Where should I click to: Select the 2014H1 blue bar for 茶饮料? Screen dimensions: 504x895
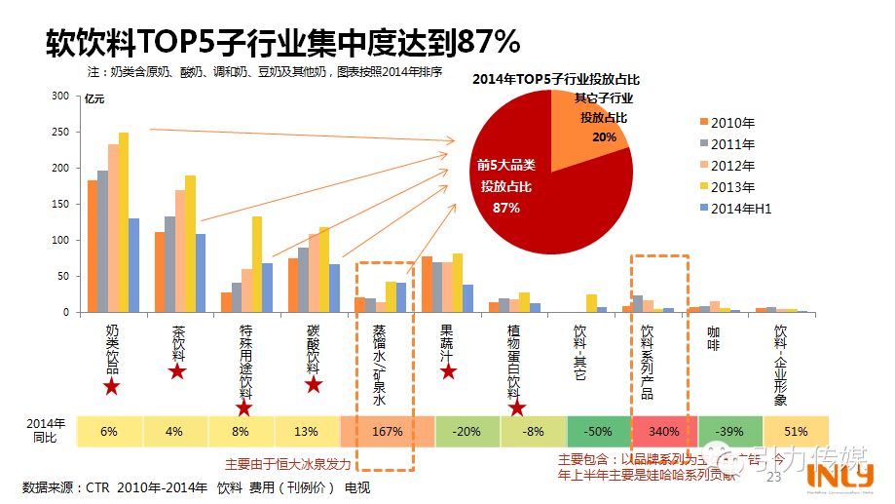[x=201, y=273]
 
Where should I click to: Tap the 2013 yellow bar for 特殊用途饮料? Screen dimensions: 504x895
[x=257, y=264]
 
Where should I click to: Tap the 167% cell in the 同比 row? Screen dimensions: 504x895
[x=374, y=431]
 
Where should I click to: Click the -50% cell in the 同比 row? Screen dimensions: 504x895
[x=597, y=431]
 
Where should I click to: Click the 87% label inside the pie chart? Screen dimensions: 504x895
[x=506, y=208]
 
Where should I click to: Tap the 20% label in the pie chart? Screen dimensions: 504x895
[x=604, y=137]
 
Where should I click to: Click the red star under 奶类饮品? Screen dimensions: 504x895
[x=112, y=388]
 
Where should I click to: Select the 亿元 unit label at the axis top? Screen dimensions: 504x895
[x=94, y=98]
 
